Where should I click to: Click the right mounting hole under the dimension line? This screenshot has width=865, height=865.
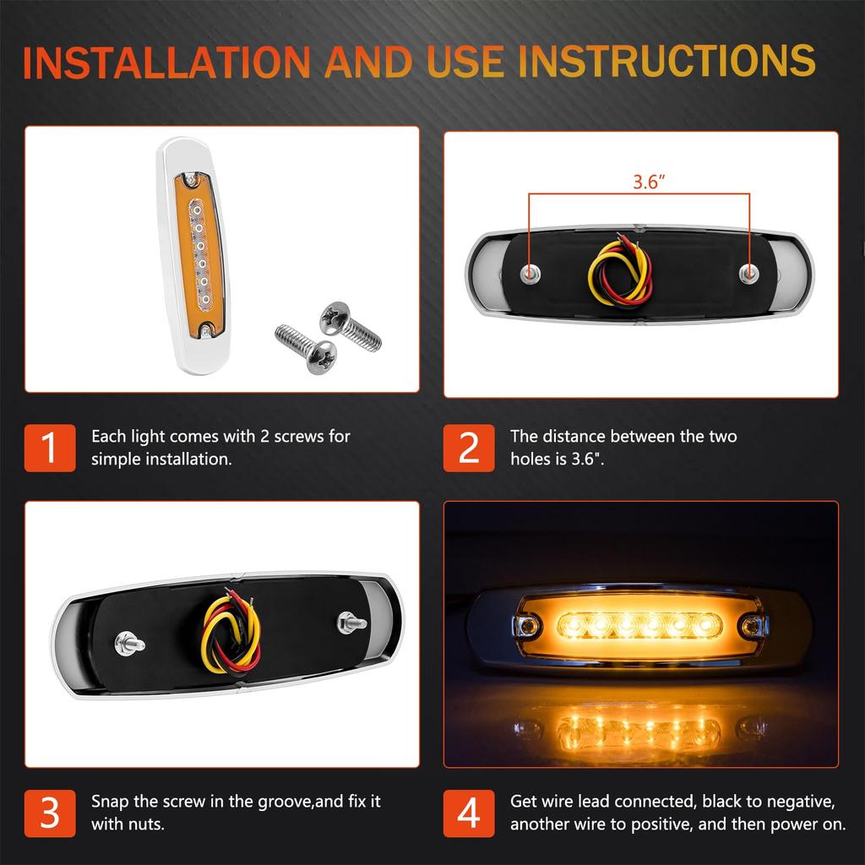[748, 271]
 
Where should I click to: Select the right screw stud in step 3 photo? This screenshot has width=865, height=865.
[351, 623]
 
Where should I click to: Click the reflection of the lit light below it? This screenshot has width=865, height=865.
[641, 726]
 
